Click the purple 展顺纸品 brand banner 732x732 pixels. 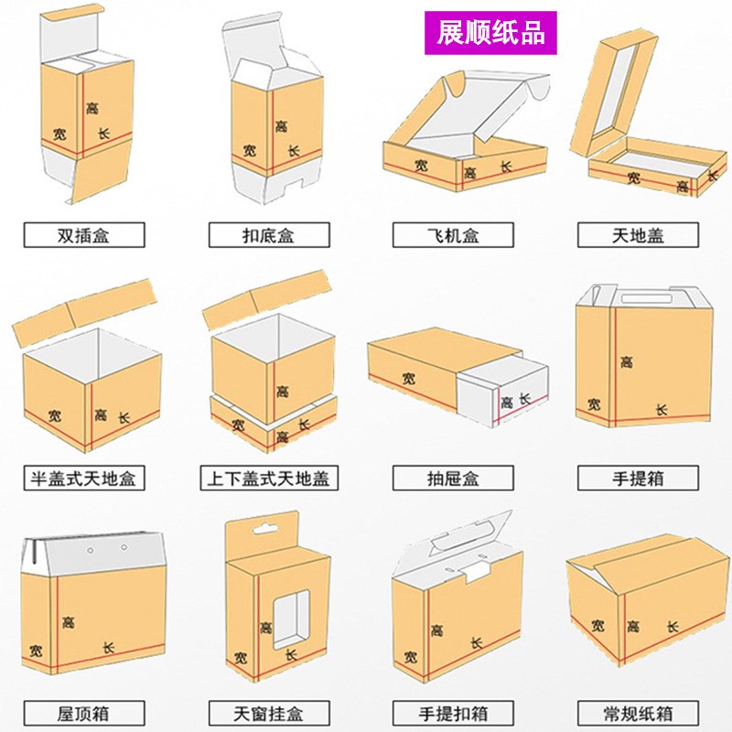(491, 32)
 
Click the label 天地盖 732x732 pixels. (638, 235)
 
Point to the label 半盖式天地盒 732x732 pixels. (83, 477)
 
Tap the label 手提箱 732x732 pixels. (638, 477)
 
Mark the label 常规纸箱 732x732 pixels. (638, 712)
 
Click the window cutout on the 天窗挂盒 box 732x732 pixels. (292, 615)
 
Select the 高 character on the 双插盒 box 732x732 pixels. (91, 108)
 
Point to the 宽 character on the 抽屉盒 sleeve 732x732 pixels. (408, 378)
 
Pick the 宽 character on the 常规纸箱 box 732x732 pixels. (597, 626)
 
